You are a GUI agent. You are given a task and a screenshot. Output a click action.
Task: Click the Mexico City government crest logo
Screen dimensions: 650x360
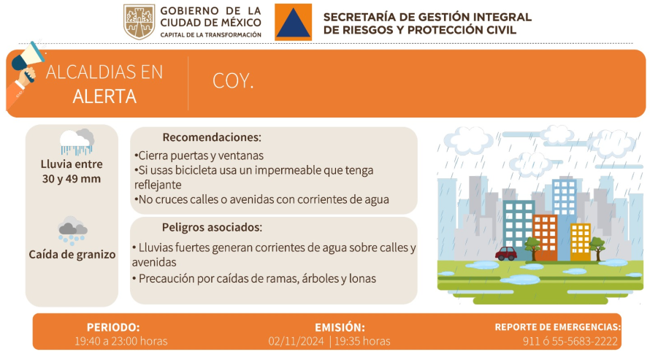click(x=139, y=22)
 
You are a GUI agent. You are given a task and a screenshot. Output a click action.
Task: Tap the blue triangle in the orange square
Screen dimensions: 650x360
click(x=294, y=23)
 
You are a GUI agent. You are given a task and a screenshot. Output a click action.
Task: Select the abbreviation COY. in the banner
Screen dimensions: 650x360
click(x=233, y=81)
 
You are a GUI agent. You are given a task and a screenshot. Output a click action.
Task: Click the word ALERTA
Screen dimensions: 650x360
click(x=104, y=96)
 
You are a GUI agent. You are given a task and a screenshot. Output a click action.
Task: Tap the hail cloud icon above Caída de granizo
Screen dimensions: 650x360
click(x=72, y=230)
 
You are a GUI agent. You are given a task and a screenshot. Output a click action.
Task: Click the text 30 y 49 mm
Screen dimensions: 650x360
click(x=72, y=179)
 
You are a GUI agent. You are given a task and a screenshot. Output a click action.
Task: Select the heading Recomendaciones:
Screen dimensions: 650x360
click(x=212, y=137)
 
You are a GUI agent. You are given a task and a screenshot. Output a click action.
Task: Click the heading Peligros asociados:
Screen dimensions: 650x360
click(x=212, y=227)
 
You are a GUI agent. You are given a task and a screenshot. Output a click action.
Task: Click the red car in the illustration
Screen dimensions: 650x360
click(x=505, y=253)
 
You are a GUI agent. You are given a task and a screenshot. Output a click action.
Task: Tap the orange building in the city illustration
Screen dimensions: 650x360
click(x=545, y=238)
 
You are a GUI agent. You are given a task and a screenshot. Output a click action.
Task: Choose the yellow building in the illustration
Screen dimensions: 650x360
click(x=581, y=242)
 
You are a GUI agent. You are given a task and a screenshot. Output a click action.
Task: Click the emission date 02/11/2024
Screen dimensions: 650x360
click(x=296, y=341)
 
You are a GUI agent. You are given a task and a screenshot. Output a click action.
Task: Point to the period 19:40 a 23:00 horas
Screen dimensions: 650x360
click(x=121, y=341)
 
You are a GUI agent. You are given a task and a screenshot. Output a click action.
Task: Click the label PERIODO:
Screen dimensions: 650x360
click(x=113, y=327)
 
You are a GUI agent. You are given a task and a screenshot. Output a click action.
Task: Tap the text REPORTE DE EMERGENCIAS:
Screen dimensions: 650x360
click(x=557, y=327)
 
